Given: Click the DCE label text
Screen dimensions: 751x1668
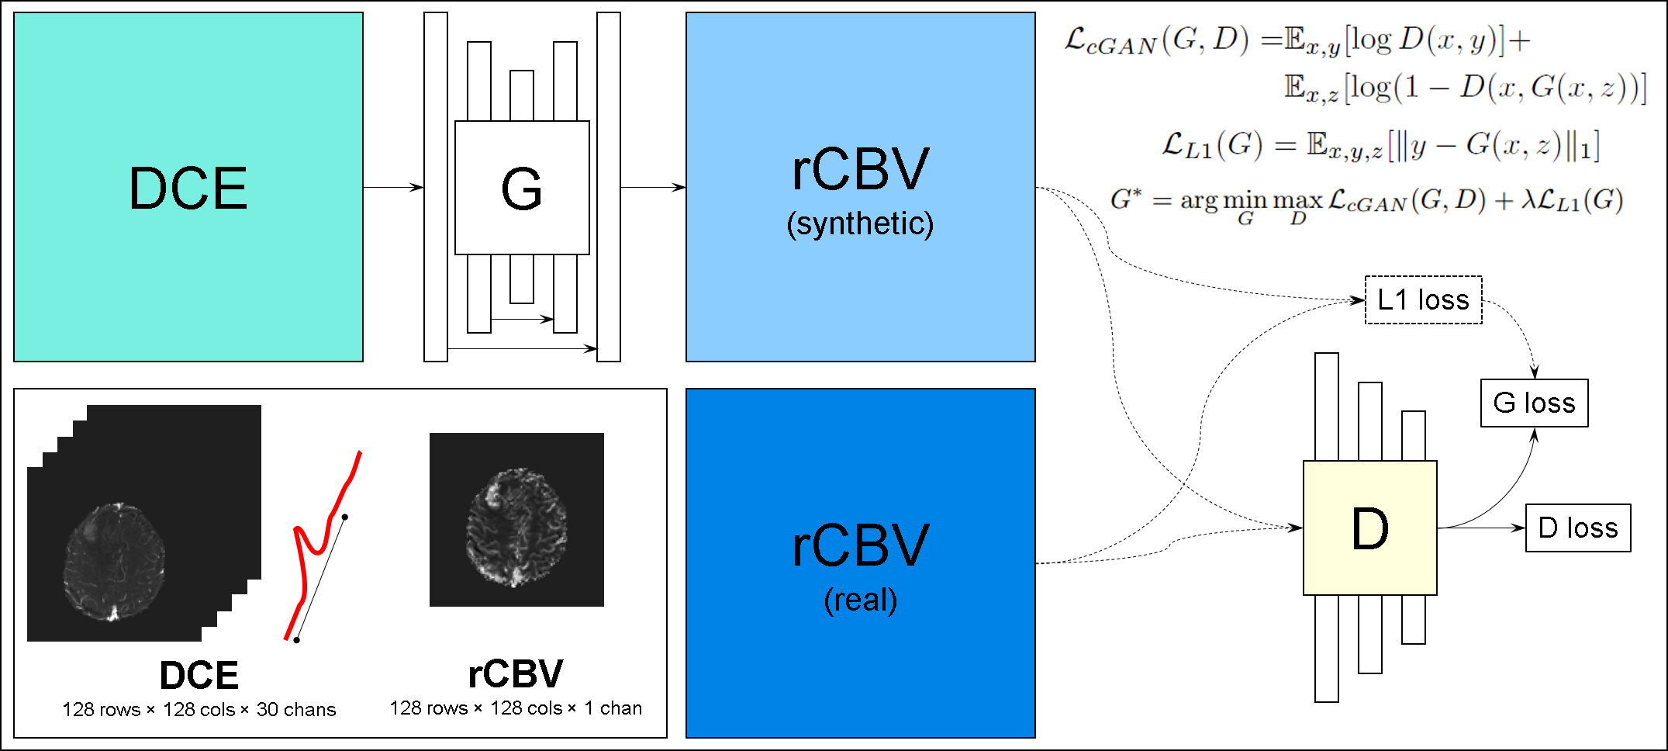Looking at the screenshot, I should [188, 189].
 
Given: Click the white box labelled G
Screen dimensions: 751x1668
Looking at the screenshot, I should [522, 188].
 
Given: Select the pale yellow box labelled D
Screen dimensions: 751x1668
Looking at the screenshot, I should [1369, 528].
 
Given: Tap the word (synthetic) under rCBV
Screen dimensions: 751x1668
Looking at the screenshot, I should [860, 224].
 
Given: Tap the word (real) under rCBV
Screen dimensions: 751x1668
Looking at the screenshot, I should [860, 600].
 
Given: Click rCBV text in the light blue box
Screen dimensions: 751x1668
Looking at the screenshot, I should [860, 169].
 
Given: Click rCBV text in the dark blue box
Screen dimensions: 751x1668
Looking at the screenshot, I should [860, 545].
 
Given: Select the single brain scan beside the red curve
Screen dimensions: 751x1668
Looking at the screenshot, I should [516, 526].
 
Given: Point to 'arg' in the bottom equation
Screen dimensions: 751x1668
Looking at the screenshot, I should [1199, 201].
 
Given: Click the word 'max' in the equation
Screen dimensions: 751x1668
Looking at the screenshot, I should [1297, 201].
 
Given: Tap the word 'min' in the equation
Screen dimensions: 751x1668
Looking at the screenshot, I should [1245, 201].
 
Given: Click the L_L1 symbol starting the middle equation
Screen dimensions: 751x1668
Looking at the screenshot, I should [1186, 145].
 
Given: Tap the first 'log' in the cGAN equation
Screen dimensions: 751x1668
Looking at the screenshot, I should [1371, 40].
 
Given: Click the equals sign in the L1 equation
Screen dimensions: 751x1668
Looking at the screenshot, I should [1285, 145].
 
